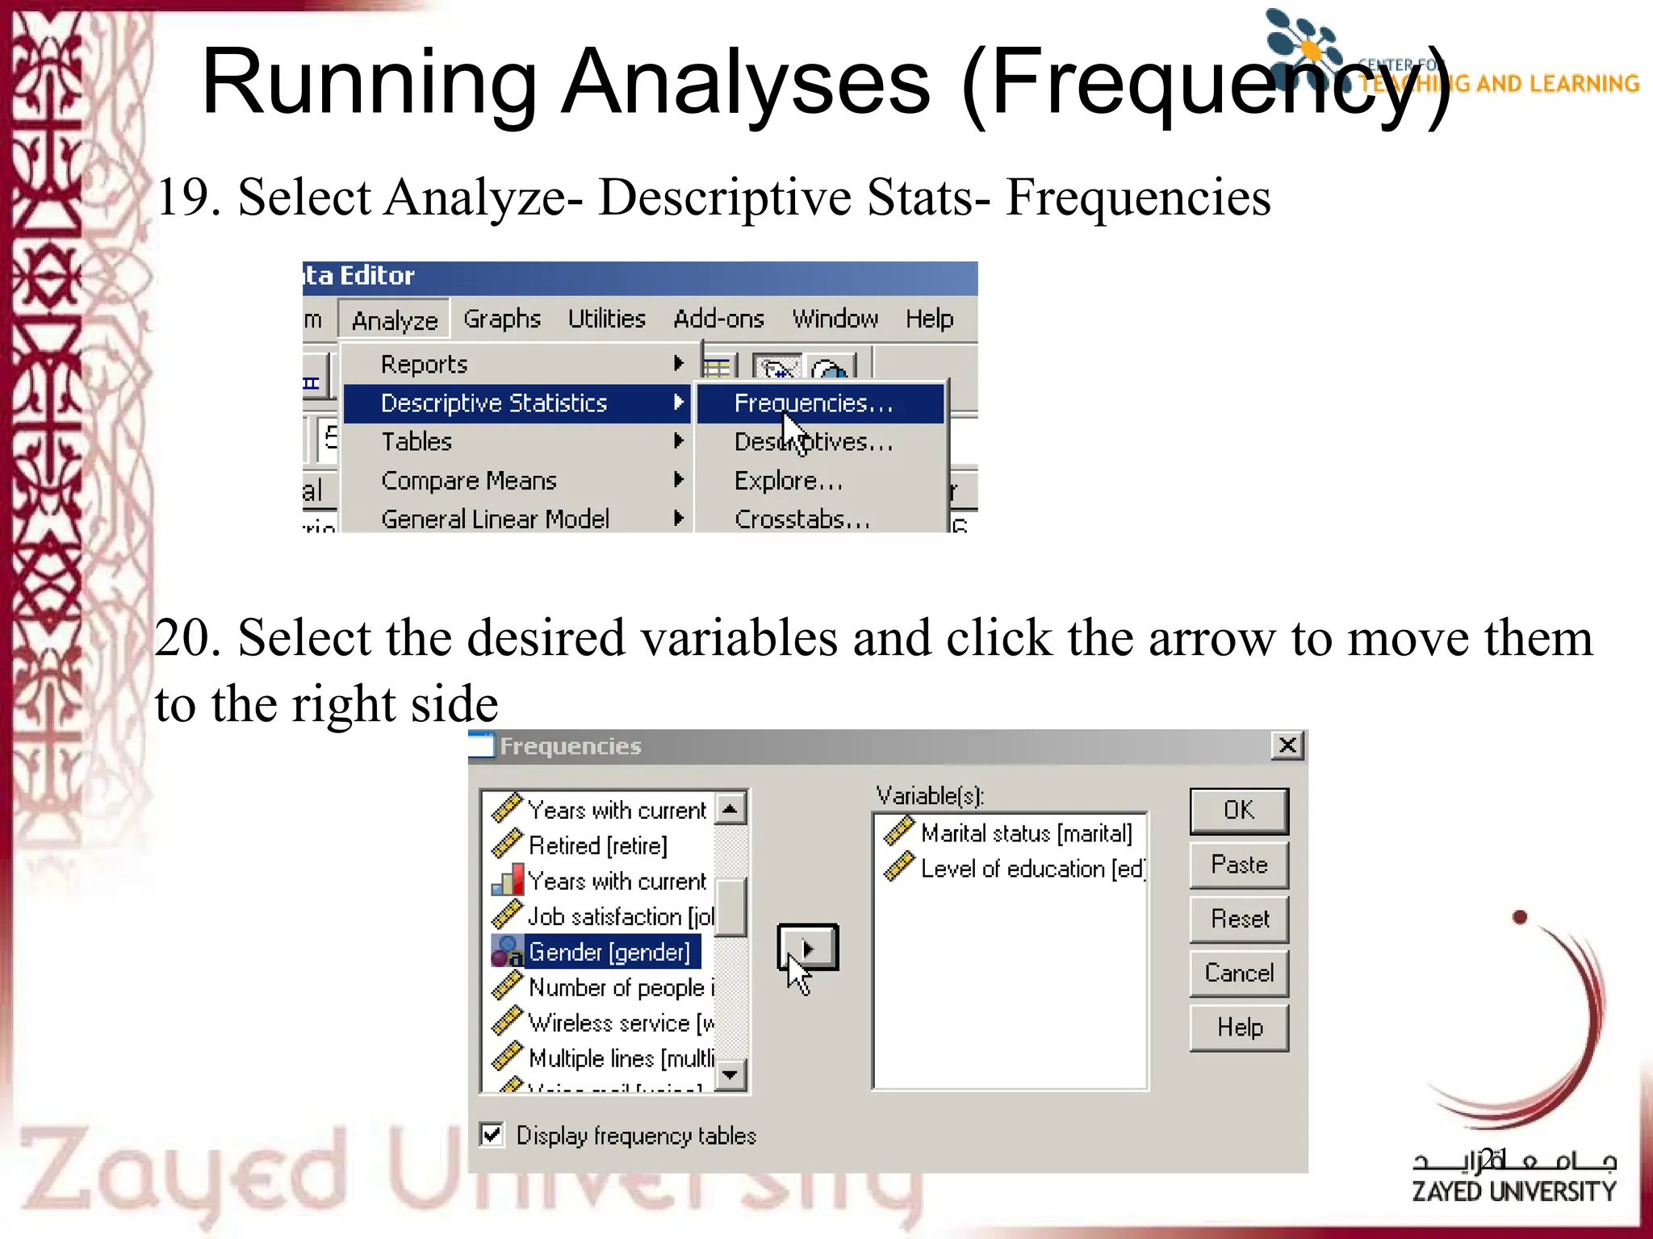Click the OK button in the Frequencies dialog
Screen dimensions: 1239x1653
pos(1238,811)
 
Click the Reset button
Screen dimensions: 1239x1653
pos(1238,919)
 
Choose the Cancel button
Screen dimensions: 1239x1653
pos(1238,973)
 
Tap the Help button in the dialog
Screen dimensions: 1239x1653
pos(1238,1027)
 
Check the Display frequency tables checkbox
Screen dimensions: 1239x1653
pos(492,1134)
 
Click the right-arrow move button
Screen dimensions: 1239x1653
pos(807,948)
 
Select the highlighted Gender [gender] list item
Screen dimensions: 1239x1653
pos(609,952)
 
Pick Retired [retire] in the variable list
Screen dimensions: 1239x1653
pos(597,845)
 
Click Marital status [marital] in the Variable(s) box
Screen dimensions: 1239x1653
pos(1025,833)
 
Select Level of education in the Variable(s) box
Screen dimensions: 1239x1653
pos(1032,869)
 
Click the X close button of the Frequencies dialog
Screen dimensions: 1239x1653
pos(1287,745)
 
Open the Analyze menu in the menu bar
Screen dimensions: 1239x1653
pos(394,320)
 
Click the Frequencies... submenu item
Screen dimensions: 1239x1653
pos(814,403)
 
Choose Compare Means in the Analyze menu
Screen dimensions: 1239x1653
pos(469,481)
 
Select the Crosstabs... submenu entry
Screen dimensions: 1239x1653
pos(801,519)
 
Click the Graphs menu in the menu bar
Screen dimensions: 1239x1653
pos(501,319)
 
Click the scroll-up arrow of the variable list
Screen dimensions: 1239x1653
pos(730,808)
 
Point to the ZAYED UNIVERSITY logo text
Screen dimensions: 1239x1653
pos(1513,1191)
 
